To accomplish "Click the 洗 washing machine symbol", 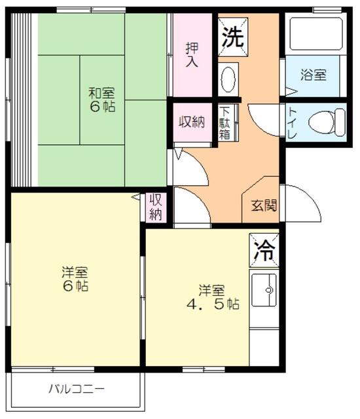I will tap(232, 36).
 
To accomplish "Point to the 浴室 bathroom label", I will tap(314, 75).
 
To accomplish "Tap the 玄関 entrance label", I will tap(264, 205).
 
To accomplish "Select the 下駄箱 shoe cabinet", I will tap(225, 122).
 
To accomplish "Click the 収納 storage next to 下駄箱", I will tap(192, 122).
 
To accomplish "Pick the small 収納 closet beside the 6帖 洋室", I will tap(156, 207).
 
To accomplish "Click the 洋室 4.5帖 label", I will tap(211, 297).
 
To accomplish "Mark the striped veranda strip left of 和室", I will tap(22, 98).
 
